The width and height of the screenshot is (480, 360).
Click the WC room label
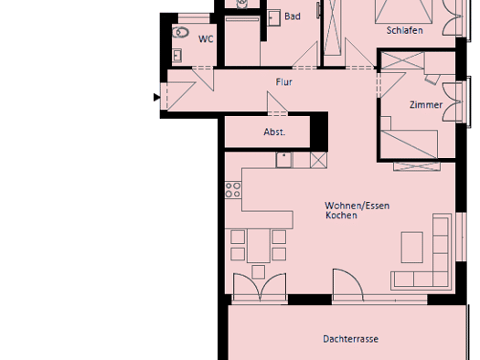(x=206, y=39)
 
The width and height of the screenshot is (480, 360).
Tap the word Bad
(x=293, y=16)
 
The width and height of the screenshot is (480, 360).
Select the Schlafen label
(x=405, y=30)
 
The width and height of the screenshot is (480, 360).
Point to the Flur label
(x=284, y=82)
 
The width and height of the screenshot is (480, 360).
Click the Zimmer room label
(x=426, y=105)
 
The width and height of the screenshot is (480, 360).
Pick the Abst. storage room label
(x=274, y=132)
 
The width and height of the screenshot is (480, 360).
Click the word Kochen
(x=341, y=216)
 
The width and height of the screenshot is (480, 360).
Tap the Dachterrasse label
(x=351, y=339)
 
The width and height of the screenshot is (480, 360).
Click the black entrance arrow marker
(x=156, y=97)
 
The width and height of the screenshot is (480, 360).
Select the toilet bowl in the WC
(x=180, y=32)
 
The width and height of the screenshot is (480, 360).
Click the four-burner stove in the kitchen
(x=233, y=190)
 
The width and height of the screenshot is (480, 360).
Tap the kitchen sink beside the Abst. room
(x=283, y=160)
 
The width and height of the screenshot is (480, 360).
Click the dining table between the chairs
(x=259, y=246)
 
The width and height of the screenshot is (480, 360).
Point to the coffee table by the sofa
(x=412, y=248)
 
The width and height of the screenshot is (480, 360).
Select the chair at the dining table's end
(x=259, y=272)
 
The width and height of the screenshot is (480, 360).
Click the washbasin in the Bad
(x=274, y=17)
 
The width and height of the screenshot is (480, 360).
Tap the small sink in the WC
(x=177, y=56)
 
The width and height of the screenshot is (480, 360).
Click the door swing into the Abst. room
(x=277, y=102)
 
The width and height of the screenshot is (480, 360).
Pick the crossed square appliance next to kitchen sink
(x=319, y=160)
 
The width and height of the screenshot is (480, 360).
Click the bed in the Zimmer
(x=409, y=143)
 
